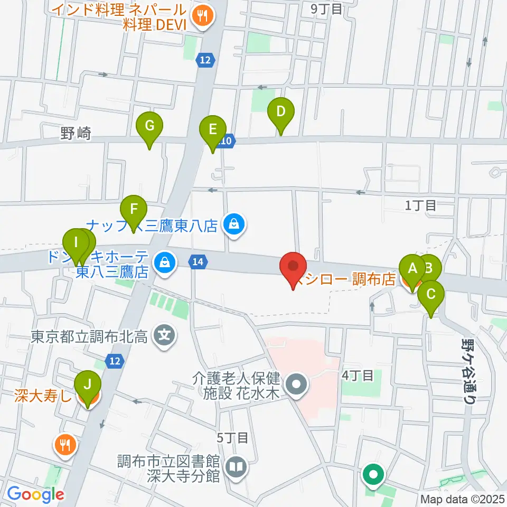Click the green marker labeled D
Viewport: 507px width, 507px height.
281,112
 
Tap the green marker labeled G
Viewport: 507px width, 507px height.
149,127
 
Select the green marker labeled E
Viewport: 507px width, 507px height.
212,130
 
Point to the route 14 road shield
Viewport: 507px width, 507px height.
198,261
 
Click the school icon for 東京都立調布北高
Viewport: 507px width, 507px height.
164,335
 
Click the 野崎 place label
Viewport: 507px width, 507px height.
75,134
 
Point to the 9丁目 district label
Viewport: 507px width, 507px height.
326,8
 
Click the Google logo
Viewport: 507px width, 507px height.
35,494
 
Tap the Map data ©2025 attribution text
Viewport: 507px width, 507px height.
462,499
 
